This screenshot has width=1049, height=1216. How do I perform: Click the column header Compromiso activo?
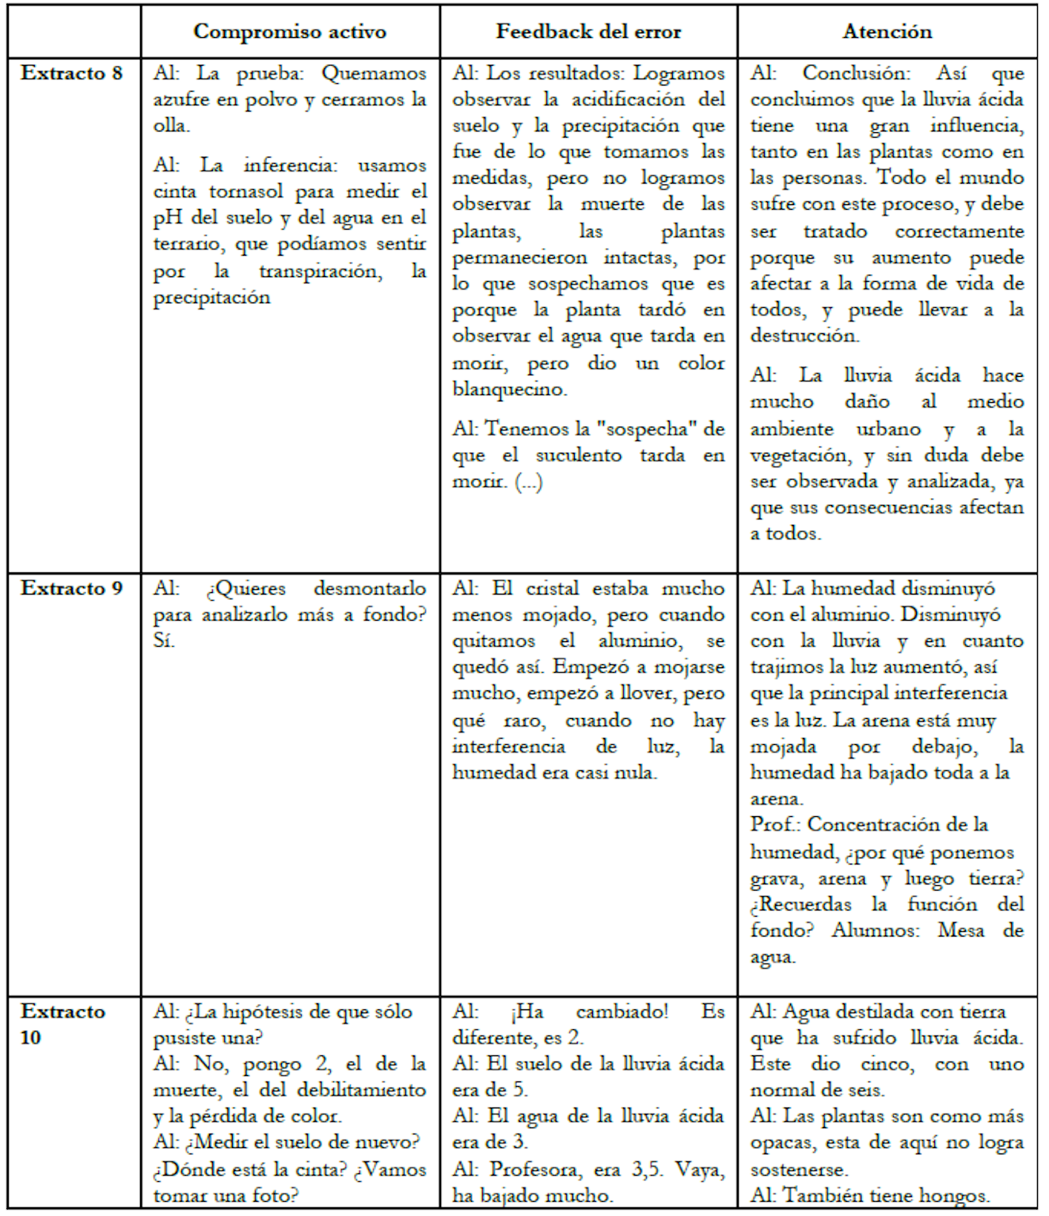[290, 32]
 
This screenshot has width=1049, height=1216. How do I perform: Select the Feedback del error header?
[588, 32]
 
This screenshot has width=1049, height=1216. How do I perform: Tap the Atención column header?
[887, 32]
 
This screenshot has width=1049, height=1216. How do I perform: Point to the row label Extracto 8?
[72, 74]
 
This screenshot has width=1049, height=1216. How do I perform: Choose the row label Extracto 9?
[72, 588]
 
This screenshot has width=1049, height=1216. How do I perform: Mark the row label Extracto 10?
[63, 1024]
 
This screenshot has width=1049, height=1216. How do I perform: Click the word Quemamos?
[374, 74]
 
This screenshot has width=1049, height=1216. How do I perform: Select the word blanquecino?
[509, 389]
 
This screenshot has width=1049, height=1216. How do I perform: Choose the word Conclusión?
[856, 74]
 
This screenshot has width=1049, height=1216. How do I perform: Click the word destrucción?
[804, 336]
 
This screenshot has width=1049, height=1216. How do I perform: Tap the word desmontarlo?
[370, 589]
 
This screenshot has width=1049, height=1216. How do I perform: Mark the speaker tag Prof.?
[775, 825]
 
